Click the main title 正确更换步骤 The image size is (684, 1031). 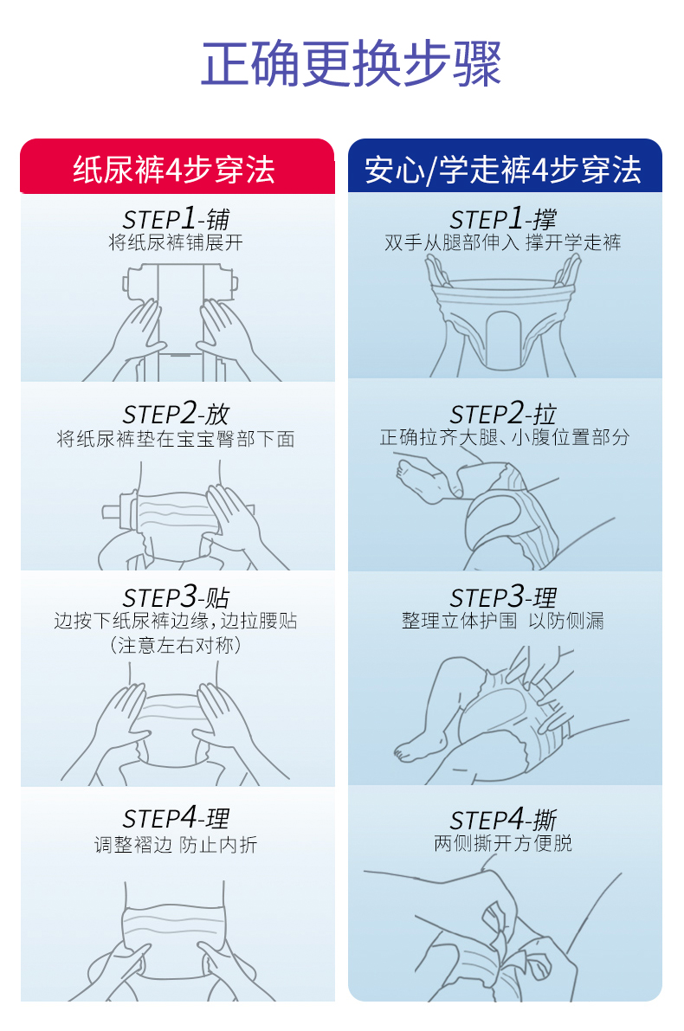(x=352, y=63)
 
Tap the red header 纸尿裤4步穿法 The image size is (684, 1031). (x=174, y=169)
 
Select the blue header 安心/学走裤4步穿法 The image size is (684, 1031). (x=503, y=169)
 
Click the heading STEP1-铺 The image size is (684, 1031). (x=176, y=218)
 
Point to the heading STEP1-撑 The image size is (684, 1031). (x=503, y=218)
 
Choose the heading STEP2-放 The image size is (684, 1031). (x=176, y=414)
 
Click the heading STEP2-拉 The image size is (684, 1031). (x=503, y=414)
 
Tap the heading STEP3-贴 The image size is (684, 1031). (x=176, y=596)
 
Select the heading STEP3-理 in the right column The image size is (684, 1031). (x=503, y=596)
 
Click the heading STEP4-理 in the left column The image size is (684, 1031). (x=176, y=818)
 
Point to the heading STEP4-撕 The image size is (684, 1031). (x=503, y=819)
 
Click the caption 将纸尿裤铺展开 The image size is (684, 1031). (x=176, y=242)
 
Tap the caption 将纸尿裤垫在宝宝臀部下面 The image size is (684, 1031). (x=176, y=439)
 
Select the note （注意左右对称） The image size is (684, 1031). (x=176, y=645)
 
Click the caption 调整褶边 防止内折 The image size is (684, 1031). (x=176, y=844)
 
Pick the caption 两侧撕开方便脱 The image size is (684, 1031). (x=503, y=843)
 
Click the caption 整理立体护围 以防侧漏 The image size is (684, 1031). (x=503, y=621)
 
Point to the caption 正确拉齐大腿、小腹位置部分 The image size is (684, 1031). (x=505, y=437)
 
